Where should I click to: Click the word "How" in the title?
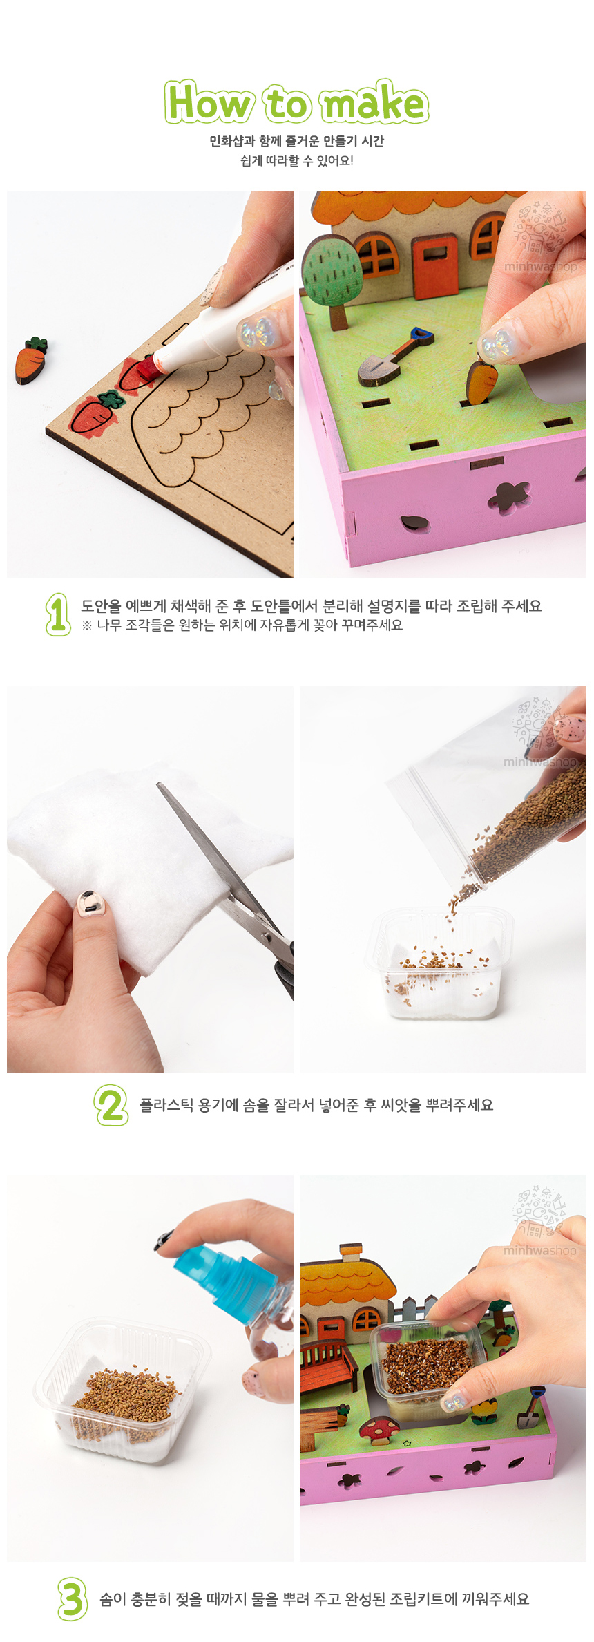pyautogui.click(x=208, y=102)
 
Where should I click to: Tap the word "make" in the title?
pyautogui.click(x=375, y=102)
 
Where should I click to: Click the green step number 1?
pyautogui.click(x=58, y=614)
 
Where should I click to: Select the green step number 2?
pyautogui.click(x=111, y=1105)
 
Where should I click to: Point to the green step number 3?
pyautogui.click(x=73, y=1598)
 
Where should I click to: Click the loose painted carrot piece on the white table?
pyautogui.click(x=31, y=360)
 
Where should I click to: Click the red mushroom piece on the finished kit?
pyautogui.click(x=379, y=1429)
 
